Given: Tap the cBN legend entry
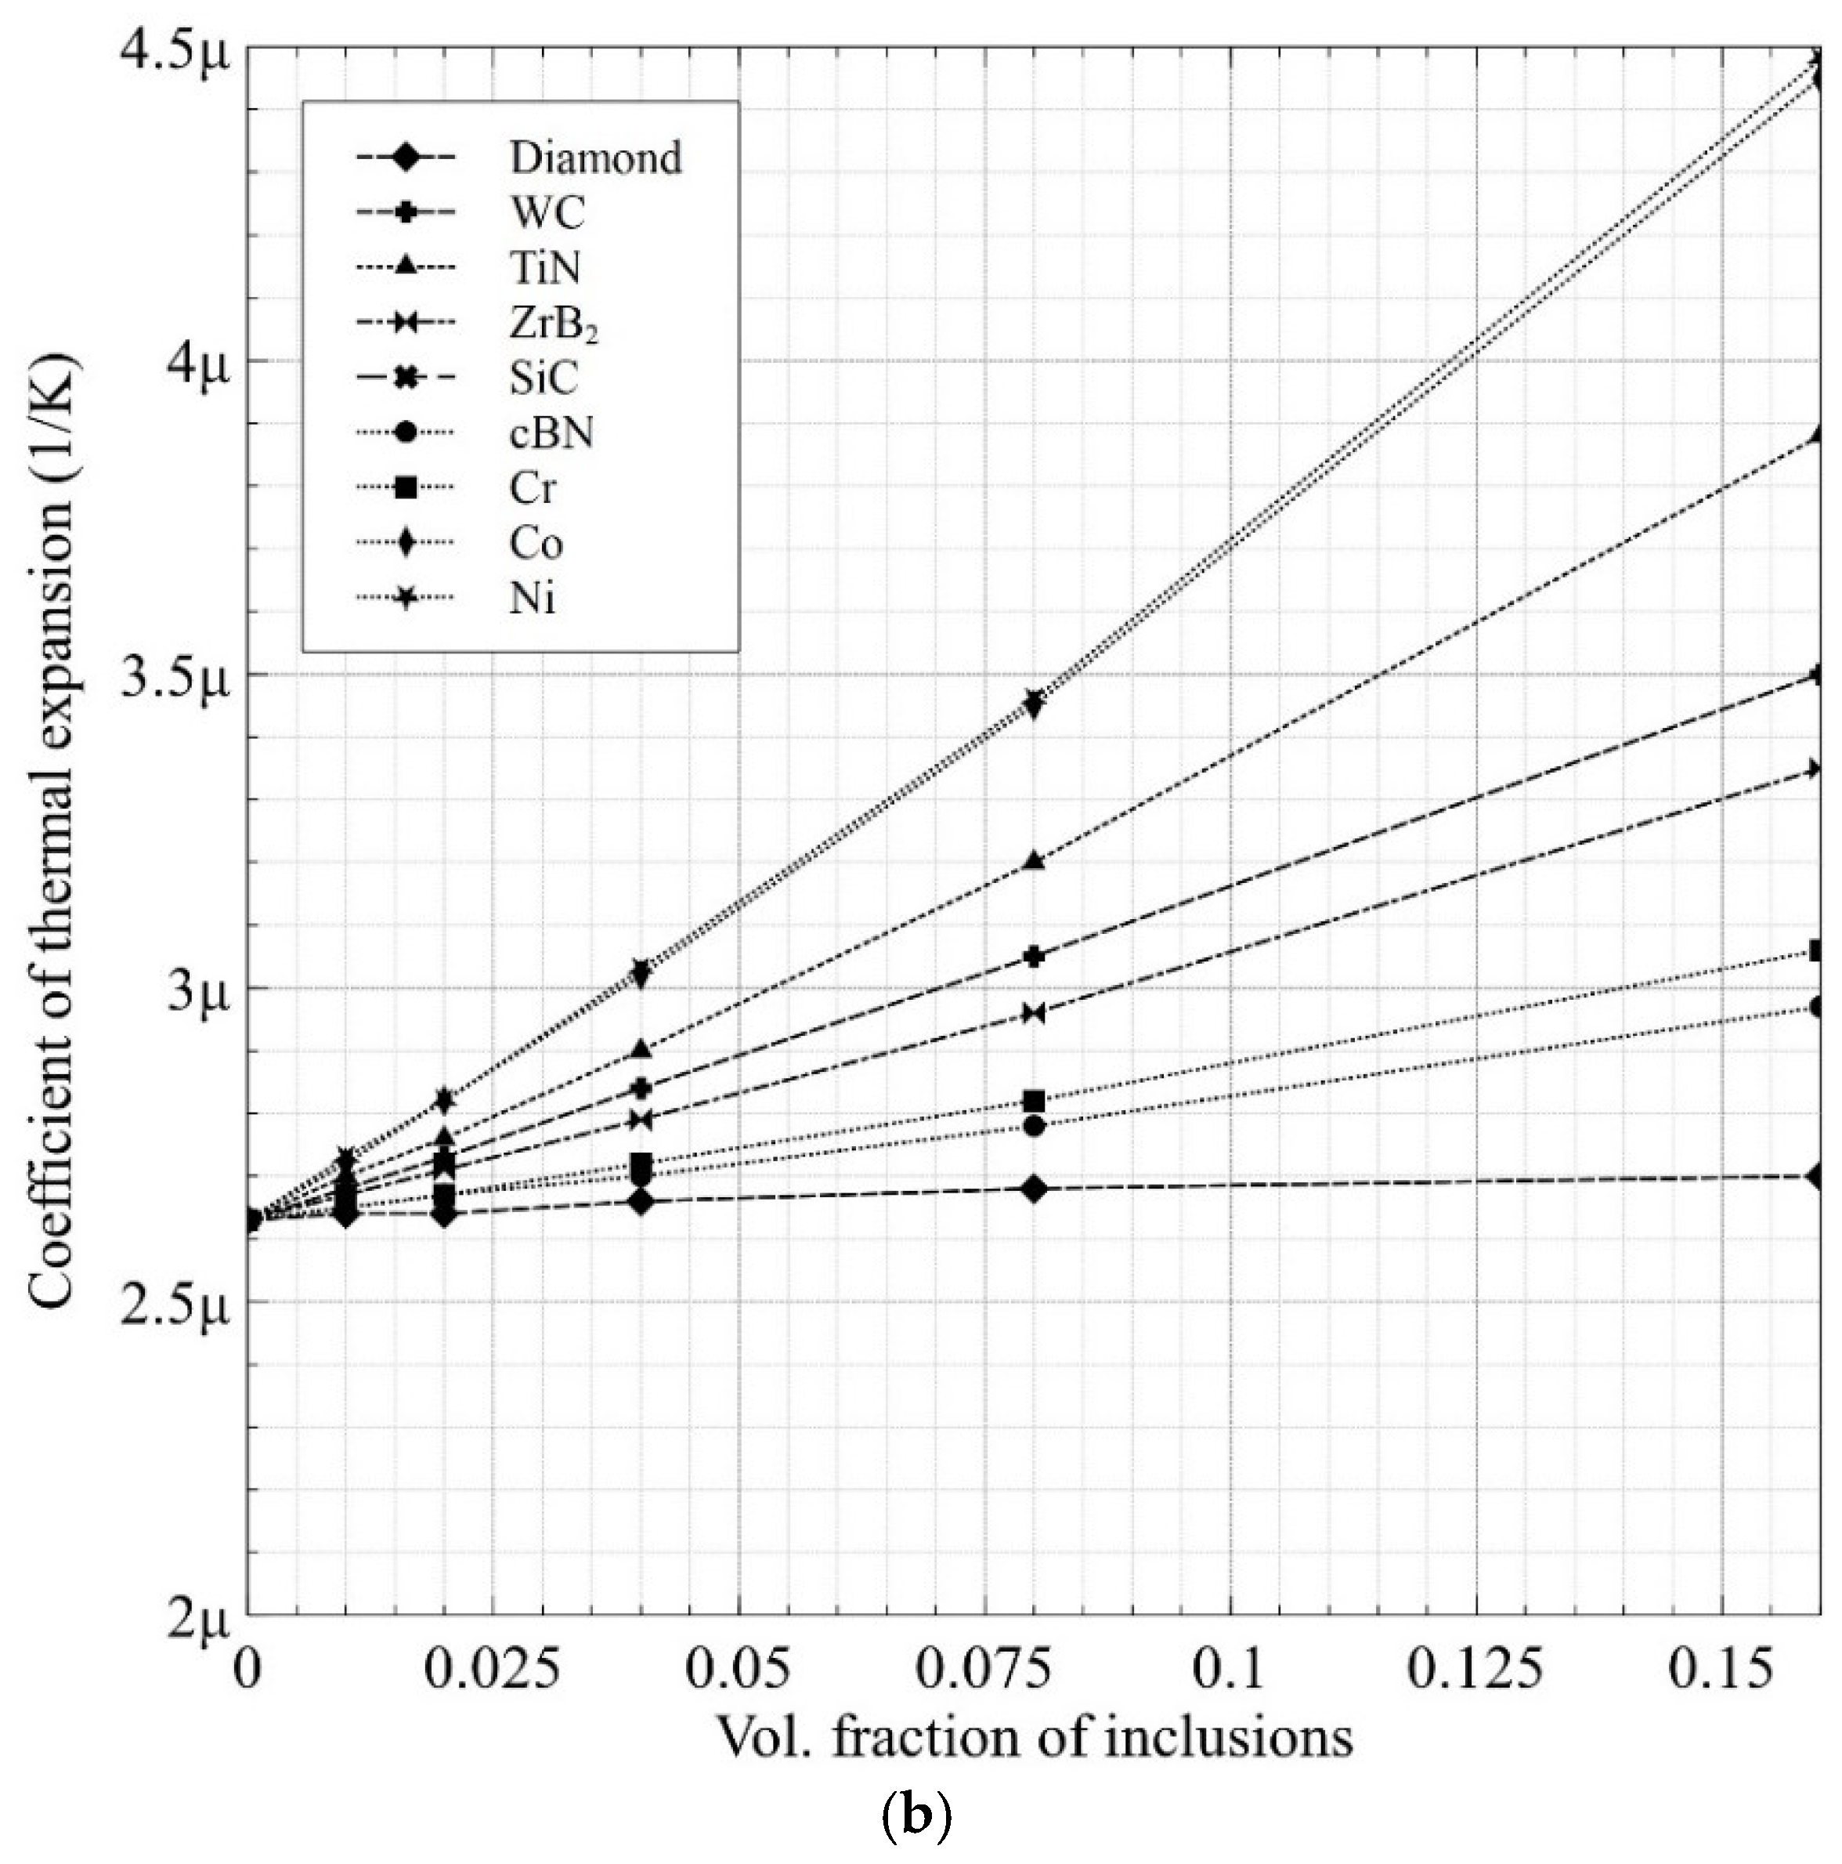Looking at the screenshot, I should [x=551, y=433].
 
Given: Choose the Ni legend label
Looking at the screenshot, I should [x=533, y=600].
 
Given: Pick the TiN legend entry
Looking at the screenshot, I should [x=546, y=267].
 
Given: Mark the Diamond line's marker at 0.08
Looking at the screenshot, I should [x=1035, y=1189].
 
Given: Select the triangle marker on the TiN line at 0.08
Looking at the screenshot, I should [x=1035, y=860].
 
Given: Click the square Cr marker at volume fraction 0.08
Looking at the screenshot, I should [x=1035, y=1101].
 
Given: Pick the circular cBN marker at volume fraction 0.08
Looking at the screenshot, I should [x=1035, y=1126].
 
